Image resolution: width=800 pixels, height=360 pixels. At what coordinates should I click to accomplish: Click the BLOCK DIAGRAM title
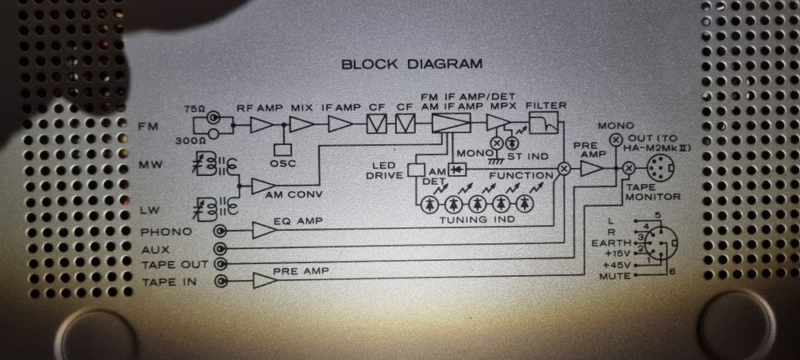click(x=411, y=64)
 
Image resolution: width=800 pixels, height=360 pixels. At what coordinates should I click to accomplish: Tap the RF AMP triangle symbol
click(x=262, y=125)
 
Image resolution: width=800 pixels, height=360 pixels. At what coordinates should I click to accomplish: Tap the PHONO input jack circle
click(x=221, y=232)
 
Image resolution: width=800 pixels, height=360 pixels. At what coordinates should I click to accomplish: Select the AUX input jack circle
click(x=221, y=248)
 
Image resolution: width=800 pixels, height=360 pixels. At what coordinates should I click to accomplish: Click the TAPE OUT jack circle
click(x=221, y=264)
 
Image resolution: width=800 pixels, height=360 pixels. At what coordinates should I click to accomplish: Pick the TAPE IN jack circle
click(x=221, y=281)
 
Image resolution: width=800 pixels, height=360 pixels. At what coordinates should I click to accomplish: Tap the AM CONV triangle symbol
click(x=262, y=186)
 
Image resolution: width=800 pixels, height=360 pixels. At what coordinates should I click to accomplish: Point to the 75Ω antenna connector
click(x=214, y=117)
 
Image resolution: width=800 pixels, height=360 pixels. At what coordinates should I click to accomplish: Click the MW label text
click(x=150, y=166)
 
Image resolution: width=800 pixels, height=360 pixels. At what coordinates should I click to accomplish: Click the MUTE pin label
click(x=618, y=275)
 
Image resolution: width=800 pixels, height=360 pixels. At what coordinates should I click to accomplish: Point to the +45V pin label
click(x=618, y=263)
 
